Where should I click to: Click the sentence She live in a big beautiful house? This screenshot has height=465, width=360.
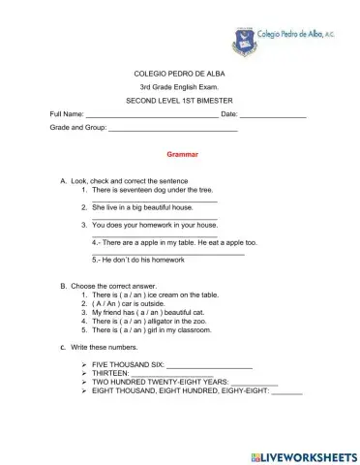(142, 207)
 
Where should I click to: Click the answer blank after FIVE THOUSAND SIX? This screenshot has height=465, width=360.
(209, 366)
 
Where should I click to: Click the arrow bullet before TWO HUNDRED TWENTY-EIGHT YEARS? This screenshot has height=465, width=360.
(85, 384)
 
